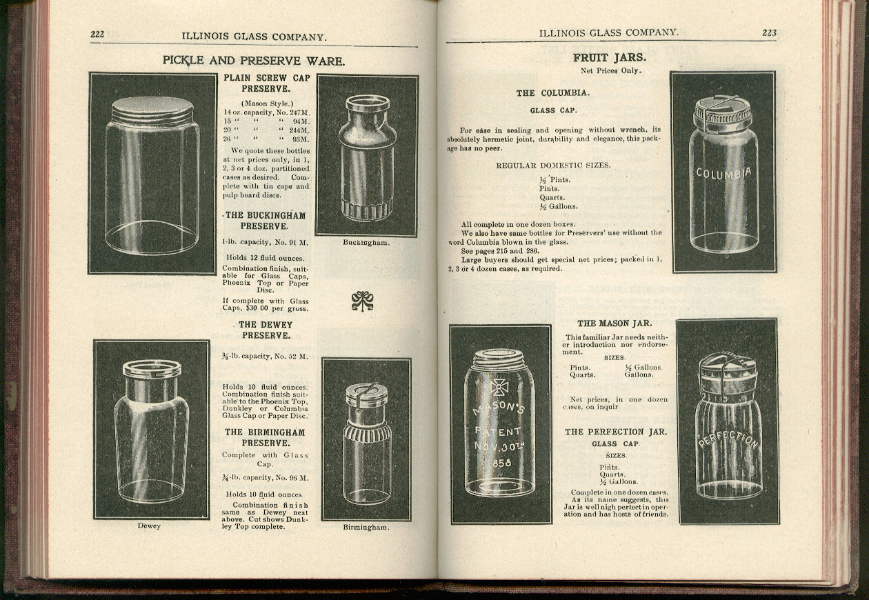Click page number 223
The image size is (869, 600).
(768, 32)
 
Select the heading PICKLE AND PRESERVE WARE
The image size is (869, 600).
(253, 61)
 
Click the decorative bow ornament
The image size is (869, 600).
(362, 300)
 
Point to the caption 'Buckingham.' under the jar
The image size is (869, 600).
(366, 243)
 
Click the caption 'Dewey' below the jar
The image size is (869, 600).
(149, 526)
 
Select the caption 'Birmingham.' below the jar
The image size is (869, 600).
(366, 528)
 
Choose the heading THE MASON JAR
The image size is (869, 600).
(614, 323)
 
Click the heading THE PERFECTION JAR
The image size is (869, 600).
(616, 432)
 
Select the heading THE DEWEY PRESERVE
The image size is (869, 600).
(266, 330)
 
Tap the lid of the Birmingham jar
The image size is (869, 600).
(366, 396)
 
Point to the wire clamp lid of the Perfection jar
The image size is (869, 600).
(728, 372)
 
